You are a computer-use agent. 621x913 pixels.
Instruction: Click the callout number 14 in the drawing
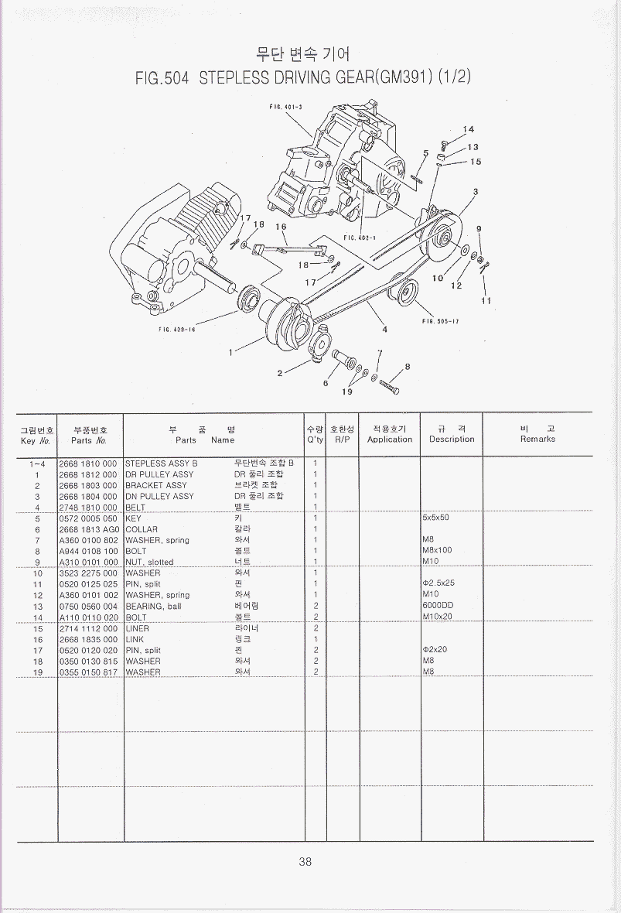point(469,129)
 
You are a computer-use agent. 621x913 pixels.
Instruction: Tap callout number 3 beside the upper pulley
point(475,191)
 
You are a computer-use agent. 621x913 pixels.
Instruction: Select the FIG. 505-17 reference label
point(441,322)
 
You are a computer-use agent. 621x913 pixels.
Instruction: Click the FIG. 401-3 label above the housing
point(285,106)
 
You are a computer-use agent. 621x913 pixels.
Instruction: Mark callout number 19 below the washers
point(347,392)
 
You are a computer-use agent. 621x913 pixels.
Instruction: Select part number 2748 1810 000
point(88,508)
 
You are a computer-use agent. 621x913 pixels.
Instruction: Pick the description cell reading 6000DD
point(438,606)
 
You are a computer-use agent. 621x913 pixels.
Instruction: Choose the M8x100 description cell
point(437,551)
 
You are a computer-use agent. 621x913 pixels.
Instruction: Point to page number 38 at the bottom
point(305,862)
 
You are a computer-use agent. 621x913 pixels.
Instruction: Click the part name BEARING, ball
point(153,606)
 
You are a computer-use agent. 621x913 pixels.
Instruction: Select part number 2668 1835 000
point(88,640)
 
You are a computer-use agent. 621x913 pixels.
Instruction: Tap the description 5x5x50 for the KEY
point(435,518)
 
